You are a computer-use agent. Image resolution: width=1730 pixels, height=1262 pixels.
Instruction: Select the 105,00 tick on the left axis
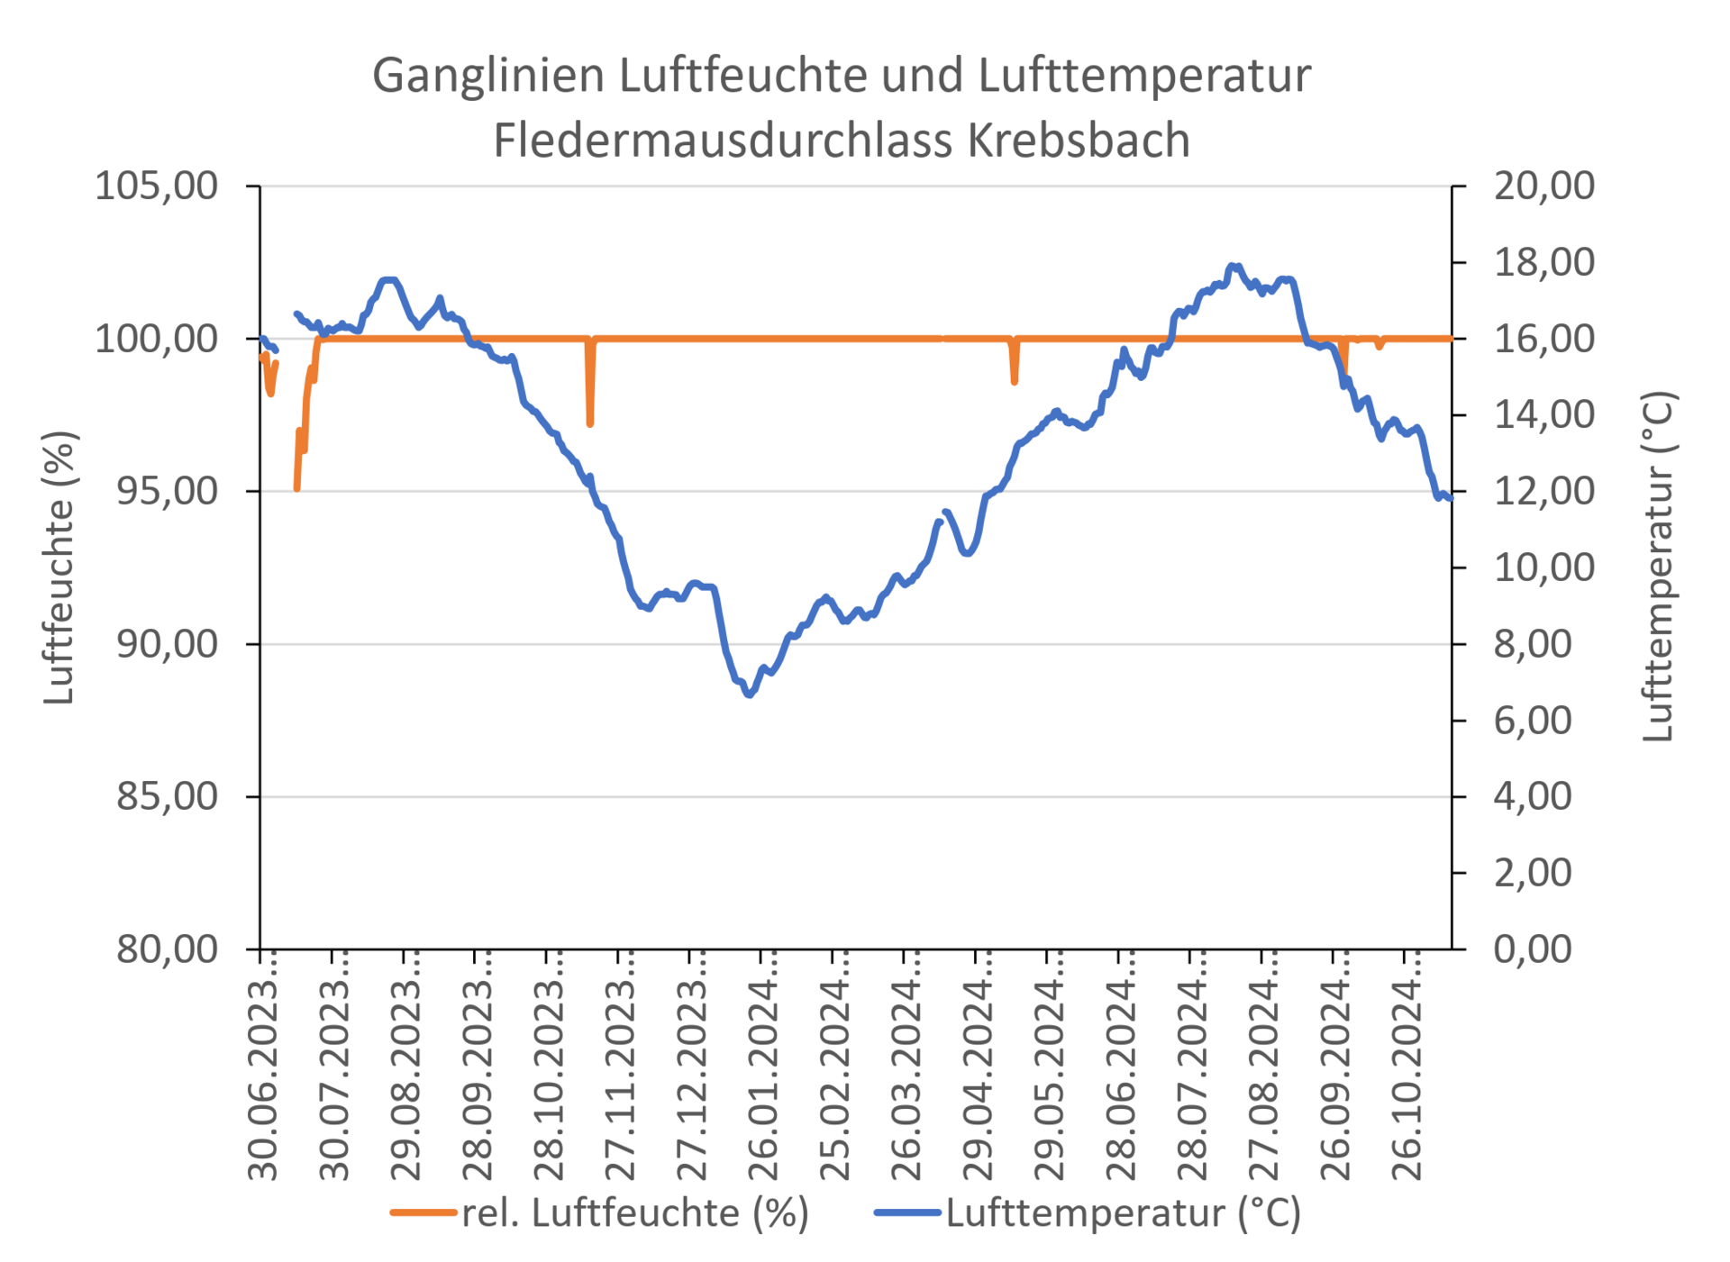157,186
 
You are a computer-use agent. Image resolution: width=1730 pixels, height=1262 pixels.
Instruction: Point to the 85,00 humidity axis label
167,796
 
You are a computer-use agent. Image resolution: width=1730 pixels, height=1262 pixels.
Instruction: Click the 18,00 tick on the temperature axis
1543,262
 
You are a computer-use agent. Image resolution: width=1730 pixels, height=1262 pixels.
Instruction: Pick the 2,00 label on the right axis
1533,872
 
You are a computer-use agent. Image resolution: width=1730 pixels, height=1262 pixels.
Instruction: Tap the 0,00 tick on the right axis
1533,949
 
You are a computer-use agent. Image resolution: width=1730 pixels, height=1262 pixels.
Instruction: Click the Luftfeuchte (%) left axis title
59,567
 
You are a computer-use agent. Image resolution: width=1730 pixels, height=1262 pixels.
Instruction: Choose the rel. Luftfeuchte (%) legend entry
634,1212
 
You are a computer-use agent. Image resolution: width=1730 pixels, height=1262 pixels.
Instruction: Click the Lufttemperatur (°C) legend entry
1123,1212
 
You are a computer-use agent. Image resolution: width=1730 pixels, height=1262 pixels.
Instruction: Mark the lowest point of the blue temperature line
749,695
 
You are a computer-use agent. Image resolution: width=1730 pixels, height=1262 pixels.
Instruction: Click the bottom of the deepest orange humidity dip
297,489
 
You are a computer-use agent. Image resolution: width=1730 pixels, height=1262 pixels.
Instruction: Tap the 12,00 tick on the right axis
1543,491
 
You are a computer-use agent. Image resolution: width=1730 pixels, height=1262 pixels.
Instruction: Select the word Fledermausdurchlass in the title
724,141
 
